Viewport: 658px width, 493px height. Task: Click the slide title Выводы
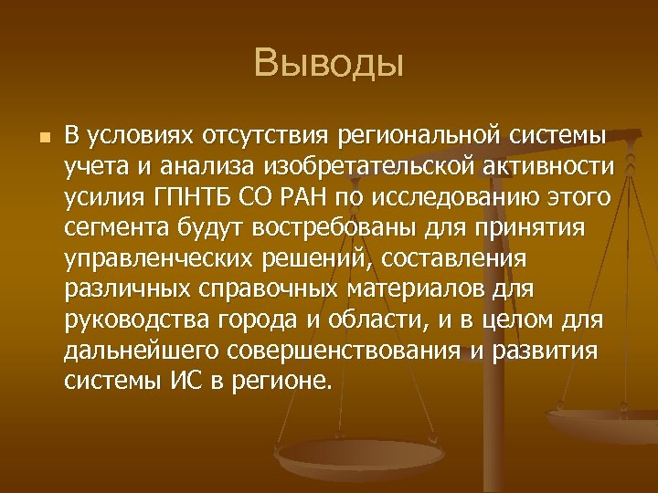(x=329, y=64)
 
